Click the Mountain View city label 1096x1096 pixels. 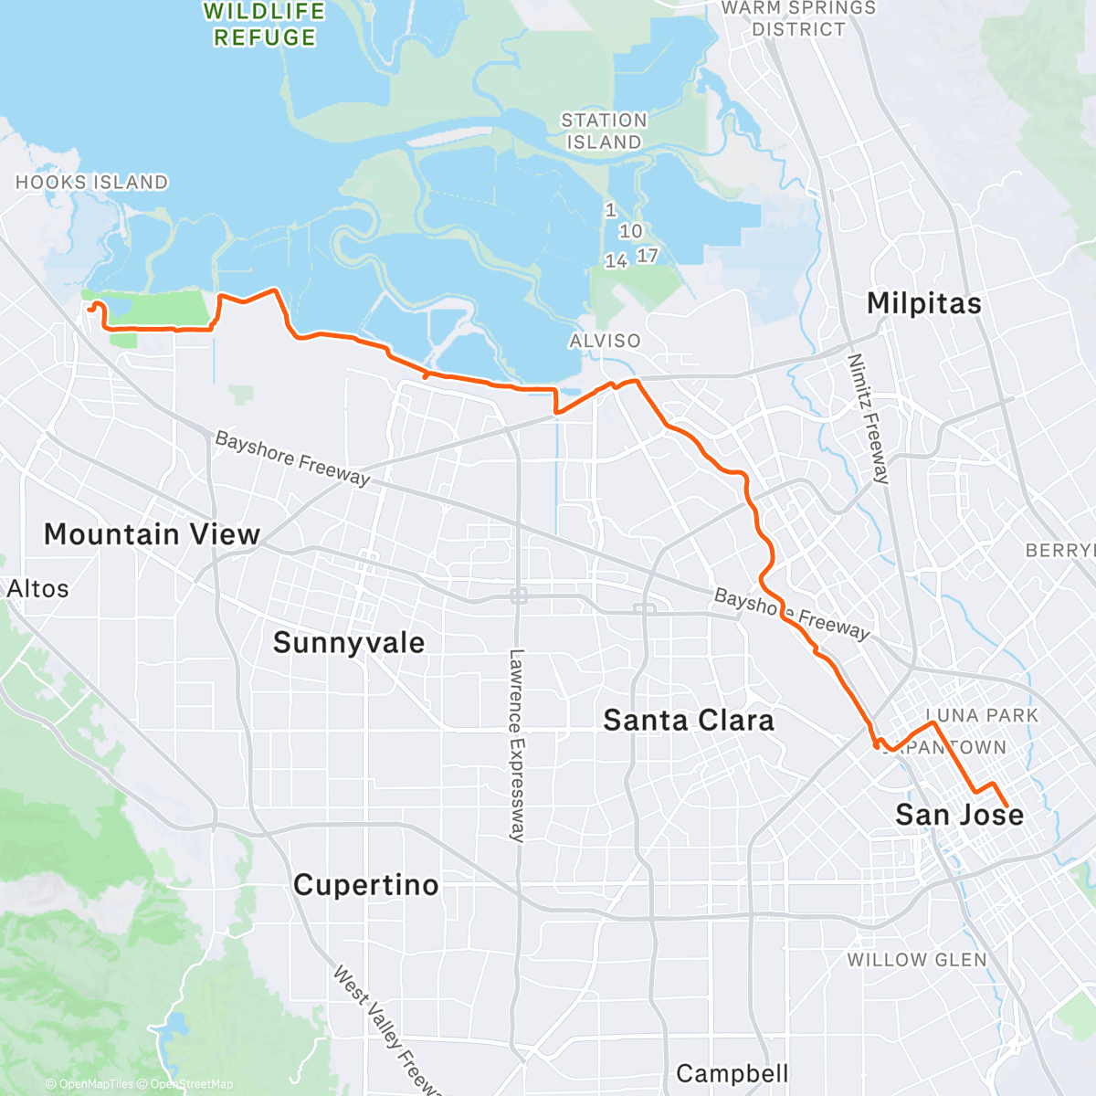(152, 534)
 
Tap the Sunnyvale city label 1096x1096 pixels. (349, 642)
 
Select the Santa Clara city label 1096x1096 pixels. (689, 720)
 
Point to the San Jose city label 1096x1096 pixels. (959, 815)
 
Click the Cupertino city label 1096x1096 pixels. (365, 885)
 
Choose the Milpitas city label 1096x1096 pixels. (924, 303)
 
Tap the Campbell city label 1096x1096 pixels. (732, 1073)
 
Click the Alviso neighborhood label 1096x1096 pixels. (605, 341)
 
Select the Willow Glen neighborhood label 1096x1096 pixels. (917, 960)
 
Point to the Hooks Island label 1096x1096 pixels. (91, 183)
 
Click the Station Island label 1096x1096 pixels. (604, 132)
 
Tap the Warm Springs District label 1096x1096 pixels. (798, 18)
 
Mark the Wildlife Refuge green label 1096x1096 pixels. (265, 25)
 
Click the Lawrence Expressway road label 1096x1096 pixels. (517, 744)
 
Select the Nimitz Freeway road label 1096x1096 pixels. (869, 418)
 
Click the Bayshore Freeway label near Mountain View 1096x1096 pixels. (292, 458)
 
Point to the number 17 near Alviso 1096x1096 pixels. (648, 256)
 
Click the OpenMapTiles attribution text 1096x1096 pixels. (94, 1084)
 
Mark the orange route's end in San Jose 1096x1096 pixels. (1007, 806)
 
